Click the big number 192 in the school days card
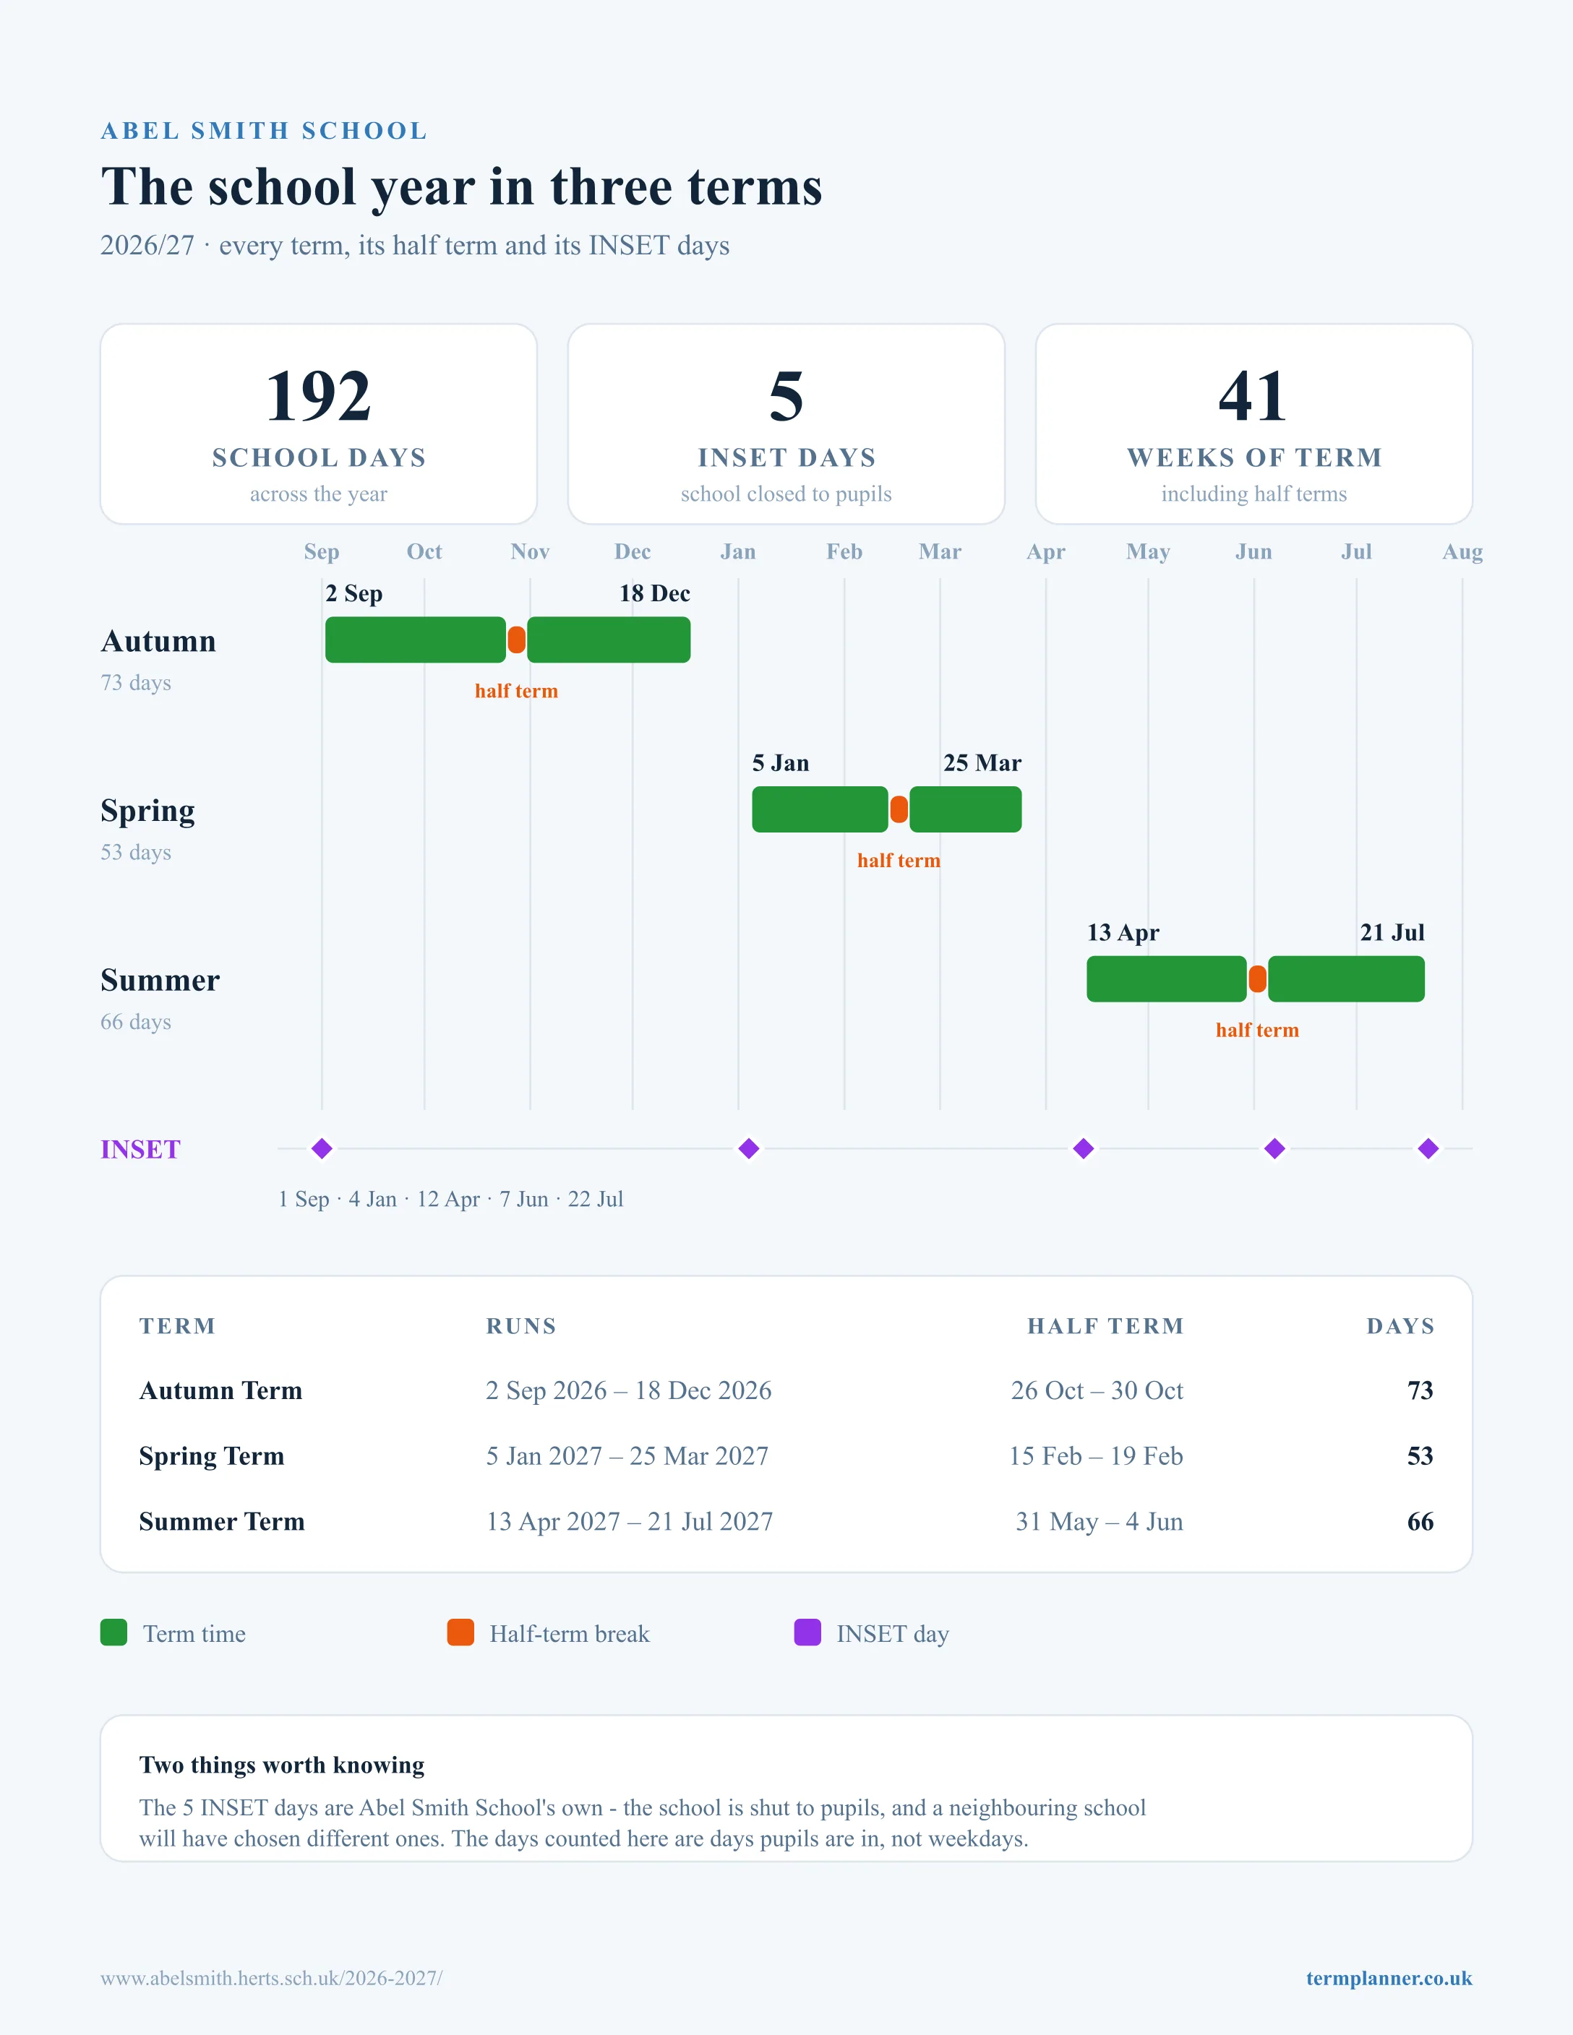pos(319,396)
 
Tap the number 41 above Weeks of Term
pos(1253,396)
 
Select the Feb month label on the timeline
pos(844,551)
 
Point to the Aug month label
pos(1462,551)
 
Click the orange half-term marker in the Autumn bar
pos(516,640)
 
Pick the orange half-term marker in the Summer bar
pos(1257,979)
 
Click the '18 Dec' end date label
pos(654,593)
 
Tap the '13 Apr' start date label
pos(1123,933)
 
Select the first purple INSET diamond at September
pos(322,1149)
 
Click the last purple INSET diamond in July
pos(1428,1149)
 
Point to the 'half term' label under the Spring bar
pos(899,861)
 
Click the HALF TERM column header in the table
pos(1105,1326)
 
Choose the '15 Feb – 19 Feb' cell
pos(1096,1455)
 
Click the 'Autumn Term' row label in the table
pos(221,1390)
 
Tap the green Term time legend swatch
pos(113,1632)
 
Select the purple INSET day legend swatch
pos(807,1632)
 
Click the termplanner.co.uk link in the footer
pos(1389,1978)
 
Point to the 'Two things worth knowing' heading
pos(281,1765)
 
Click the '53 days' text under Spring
pos(136,853)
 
